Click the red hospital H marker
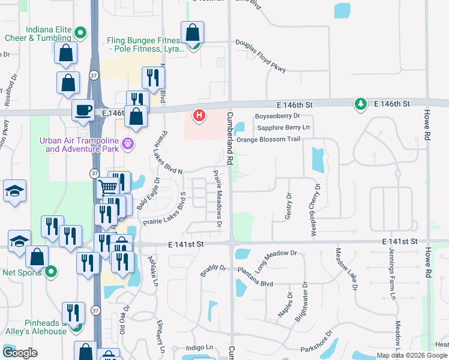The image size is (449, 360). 199,115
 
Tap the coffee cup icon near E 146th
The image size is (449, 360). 82,110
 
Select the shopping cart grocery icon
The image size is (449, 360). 107,187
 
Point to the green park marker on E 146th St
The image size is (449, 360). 360,104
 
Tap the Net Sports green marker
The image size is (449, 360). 50,271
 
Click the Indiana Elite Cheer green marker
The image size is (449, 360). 80,32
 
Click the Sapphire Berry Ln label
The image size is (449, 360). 283,127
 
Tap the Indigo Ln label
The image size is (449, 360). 199,347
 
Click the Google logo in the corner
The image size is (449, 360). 20,353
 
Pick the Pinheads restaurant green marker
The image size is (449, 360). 76,326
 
